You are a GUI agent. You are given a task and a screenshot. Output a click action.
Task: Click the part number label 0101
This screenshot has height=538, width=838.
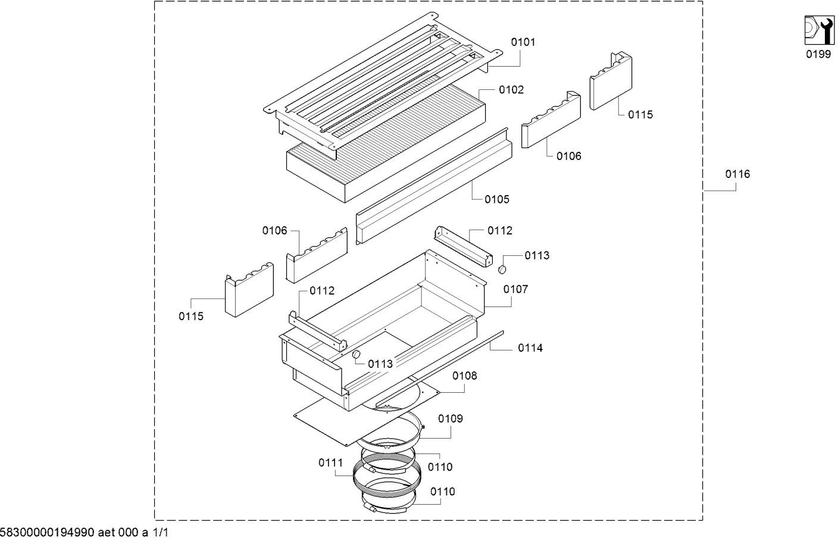click(x=523, y=42)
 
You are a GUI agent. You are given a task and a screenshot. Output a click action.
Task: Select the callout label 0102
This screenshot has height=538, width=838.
click(x=511, y=90)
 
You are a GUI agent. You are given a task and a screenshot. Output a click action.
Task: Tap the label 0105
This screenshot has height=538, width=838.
click(x=497, y=199)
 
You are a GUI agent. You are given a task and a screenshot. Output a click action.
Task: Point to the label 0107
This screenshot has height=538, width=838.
click(x=515, y=289)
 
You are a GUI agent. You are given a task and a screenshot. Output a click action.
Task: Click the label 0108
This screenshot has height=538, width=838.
click(x=464, y=376)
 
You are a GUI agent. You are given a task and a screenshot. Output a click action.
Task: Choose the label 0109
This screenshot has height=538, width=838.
click(x=451, y=418)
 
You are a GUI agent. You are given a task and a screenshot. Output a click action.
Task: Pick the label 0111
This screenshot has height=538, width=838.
click(x=330, y=462)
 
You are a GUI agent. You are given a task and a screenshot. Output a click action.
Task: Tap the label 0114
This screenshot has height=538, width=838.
click(x=530, y=348)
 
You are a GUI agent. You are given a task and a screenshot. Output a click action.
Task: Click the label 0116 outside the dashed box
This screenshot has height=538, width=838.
click(x=737, y=174)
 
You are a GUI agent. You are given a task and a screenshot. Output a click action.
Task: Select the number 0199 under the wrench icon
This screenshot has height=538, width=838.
click(x=818, y=54)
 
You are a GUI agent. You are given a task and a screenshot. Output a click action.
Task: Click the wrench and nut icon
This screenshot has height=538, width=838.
click(x=818, y=29)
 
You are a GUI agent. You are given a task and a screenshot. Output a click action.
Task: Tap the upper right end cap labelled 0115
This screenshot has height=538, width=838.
click(x=611, y=82)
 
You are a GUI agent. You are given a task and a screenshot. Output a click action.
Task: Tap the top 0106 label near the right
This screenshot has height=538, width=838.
click(x=569, y=156)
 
